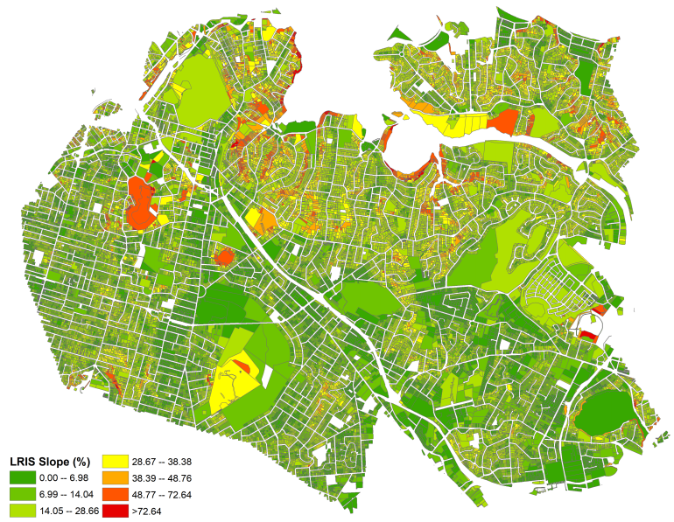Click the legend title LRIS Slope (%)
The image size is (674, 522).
50,461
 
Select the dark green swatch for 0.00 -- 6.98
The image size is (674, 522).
22,477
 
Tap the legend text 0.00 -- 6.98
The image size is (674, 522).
68,477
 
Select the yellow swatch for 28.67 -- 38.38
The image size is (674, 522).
116,462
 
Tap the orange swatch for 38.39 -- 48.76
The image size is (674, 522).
116,477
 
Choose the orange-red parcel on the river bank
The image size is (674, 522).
503,122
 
